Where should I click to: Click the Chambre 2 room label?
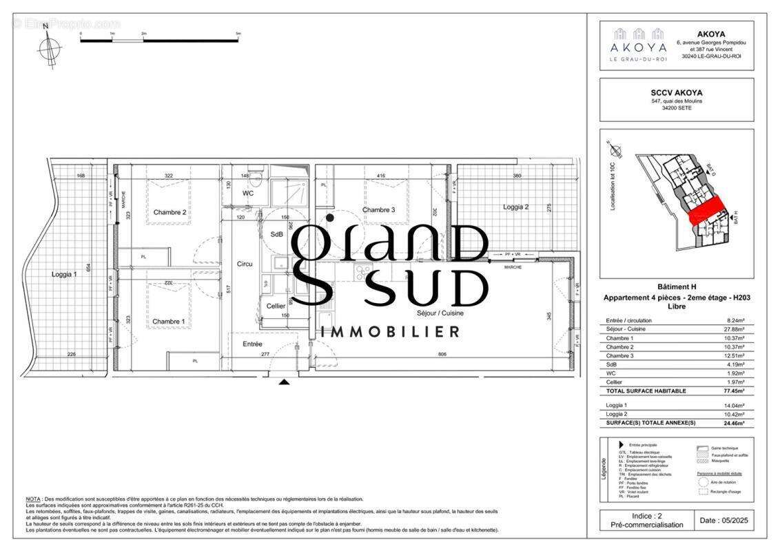170,212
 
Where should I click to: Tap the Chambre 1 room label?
169,322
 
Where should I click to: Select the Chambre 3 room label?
378,210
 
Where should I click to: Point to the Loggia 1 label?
64,274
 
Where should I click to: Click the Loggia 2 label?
515,207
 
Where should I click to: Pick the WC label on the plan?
249,194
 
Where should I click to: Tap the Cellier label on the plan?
276,306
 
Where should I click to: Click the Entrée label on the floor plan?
252,344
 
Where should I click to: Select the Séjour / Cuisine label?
440,313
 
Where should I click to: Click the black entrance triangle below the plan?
284,381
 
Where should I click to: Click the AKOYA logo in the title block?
638,45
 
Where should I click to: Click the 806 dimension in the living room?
442,354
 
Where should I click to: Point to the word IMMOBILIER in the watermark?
390,332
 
